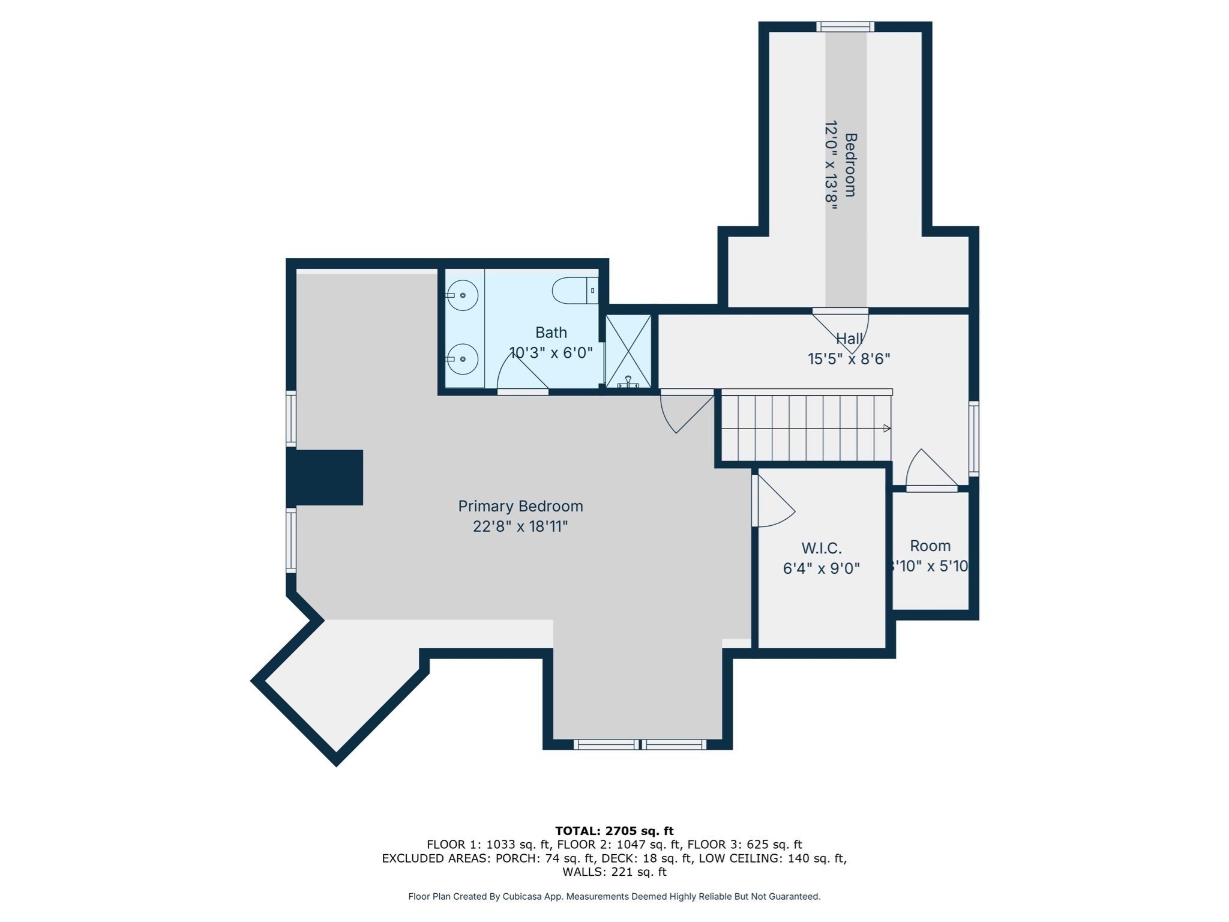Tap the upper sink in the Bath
click(x=462, y=295)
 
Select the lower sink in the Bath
click(x=462, y=359)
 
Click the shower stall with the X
click(x=628, y=351)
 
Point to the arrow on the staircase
click(x=886, y=428)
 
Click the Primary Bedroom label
click(x=520, y=506)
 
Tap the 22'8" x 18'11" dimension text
click(x=520, y=526)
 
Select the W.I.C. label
click(x=822, y=548)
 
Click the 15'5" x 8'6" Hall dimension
click(x=849, y=359)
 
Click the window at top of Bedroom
click(x=845, y=26)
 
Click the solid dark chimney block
click(x=327, y=477)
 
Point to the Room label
click(x=930, y=546)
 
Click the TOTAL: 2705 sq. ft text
click(x=614, y=831)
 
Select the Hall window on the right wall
click(x=974, y=438)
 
